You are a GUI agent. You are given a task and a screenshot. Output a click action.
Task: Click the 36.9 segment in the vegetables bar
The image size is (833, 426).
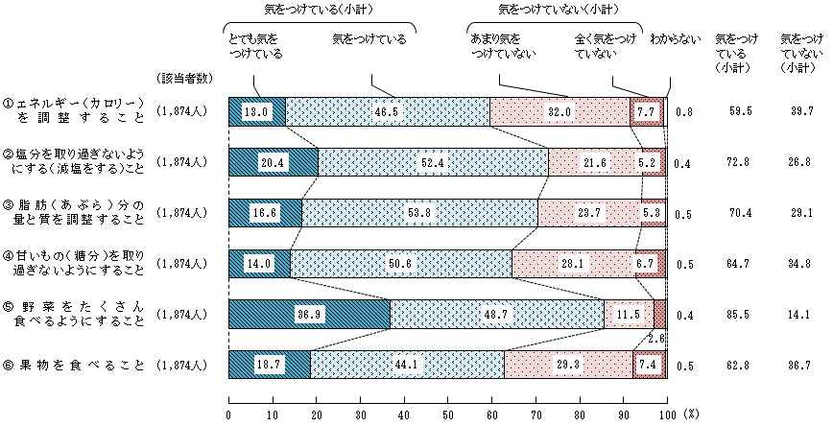[x=308, y=315]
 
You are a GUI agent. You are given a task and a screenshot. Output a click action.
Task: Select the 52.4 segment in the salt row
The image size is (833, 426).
[x=434, y=162]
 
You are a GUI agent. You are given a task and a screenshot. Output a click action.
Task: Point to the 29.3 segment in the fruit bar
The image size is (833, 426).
[x=568, y=365]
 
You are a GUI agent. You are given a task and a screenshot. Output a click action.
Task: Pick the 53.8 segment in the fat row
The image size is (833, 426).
[x=419, y=213]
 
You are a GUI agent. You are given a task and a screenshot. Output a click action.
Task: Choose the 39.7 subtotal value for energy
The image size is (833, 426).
[x=795, y=111]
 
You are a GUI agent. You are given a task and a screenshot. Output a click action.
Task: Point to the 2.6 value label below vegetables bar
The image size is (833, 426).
[x=655, y=337]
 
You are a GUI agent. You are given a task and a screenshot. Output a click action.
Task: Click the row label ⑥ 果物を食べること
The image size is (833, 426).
[x=74, y=365]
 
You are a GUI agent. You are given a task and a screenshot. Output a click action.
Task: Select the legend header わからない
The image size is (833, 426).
[x=669, y=39]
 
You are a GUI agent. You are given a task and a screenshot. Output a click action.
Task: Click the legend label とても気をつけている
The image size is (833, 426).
[x=256, y=47]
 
